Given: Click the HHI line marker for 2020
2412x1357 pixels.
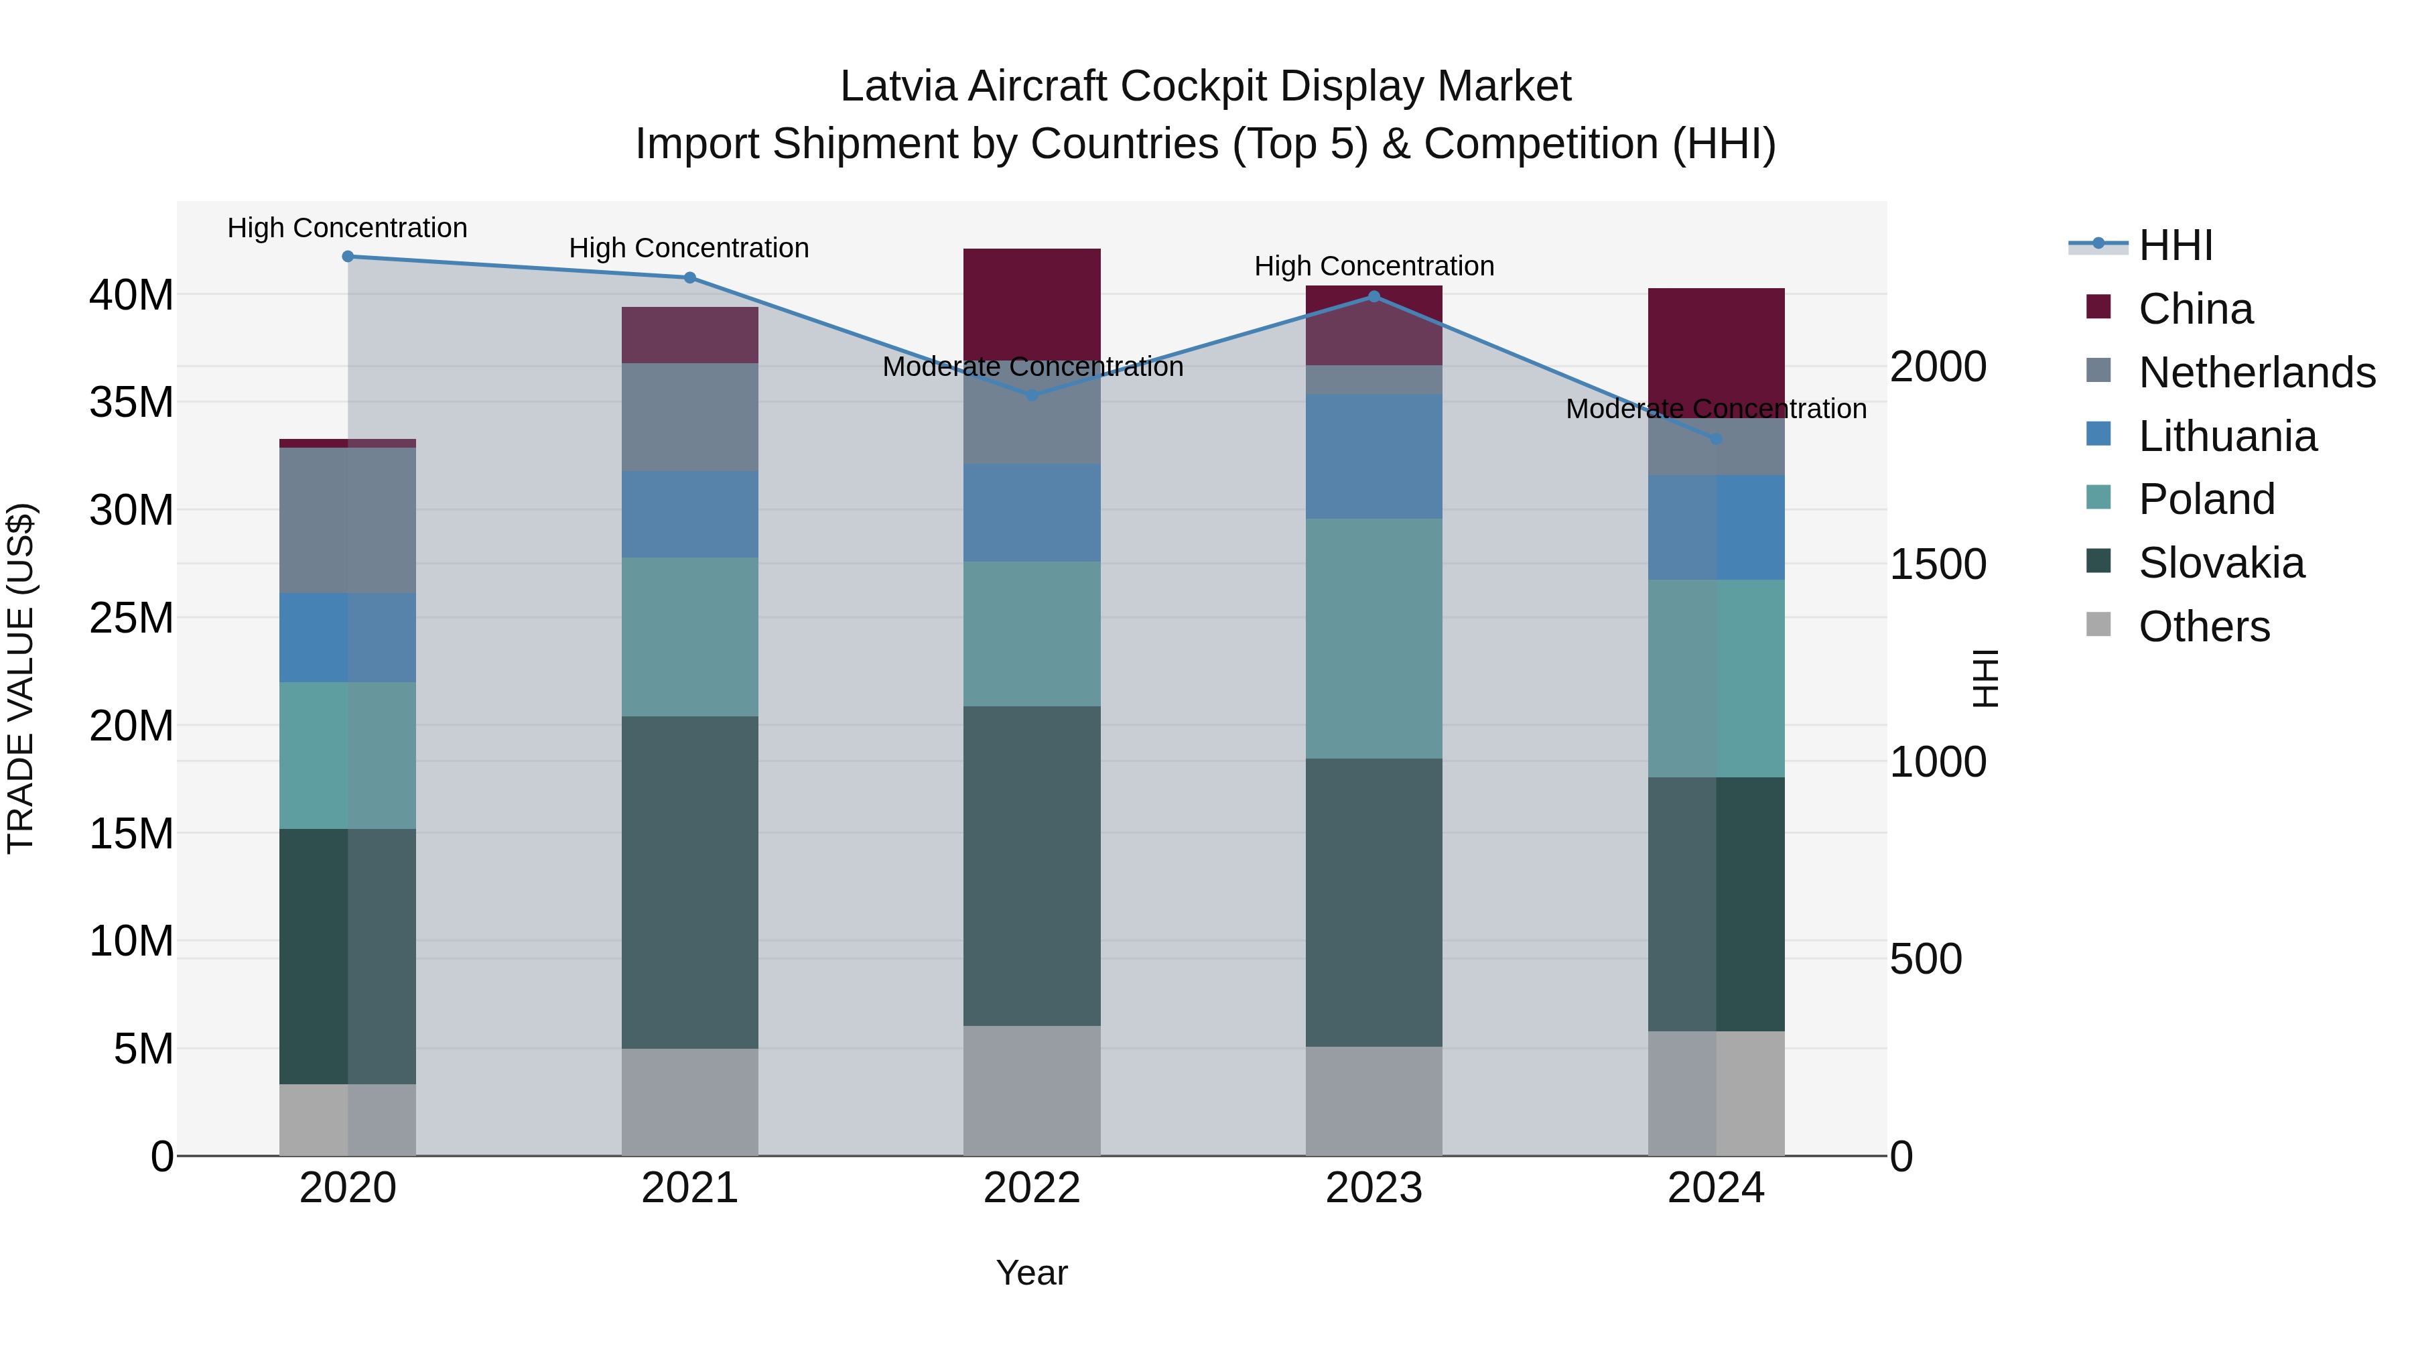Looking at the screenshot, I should [x=347, y=257].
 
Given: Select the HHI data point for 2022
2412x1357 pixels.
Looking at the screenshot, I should [x=1032, y=395].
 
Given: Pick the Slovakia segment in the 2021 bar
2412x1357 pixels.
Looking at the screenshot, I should [x=689, y=882].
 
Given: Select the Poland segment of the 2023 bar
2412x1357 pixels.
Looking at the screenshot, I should [x=1373, y=639].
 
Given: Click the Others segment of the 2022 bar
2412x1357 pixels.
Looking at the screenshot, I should [x=1032, y=1090].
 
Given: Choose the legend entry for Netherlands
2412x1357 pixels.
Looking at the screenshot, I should [x=2257, y=373].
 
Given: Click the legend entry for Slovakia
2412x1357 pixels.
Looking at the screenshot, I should [x=2221, y=563].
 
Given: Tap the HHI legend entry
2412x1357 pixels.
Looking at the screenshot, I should [x=2175, y=245].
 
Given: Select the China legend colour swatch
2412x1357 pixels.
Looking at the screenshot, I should [x=2098, y=307].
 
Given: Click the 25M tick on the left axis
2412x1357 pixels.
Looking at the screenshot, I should [x=131, y=618].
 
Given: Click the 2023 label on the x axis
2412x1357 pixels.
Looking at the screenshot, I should [x=1373, y=1188].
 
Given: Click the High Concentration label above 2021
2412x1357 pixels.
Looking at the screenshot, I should [x=689, y=248].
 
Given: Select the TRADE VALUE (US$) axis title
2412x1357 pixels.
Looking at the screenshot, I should [x=21, y=678].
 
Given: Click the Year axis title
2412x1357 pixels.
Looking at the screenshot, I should [x=1032, y=1273].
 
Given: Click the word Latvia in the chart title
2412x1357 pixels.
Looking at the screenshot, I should [x=898, y=86].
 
